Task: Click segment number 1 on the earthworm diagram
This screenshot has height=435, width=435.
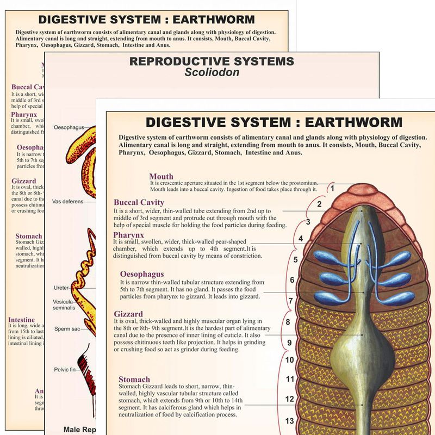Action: [x=330, y=189]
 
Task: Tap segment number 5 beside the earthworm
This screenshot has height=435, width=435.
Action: [x=296, y=259]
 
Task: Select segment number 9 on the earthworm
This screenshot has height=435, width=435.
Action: [x=290, y=343]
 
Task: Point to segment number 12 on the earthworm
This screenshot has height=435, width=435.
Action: [x=290, y=399]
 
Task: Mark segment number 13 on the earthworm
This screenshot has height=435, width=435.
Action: [x=290, y=420]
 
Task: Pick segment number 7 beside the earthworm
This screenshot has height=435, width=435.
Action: [x=291, y=301]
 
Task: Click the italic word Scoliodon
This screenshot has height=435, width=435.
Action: [x=212, y=72]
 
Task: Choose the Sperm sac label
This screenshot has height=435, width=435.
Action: [x=67, y=328]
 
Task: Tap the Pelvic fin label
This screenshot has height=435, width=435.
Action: [x=67, y=370]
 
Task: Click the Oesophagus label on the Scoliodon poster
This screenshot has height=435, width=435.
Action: [x=69, y=127]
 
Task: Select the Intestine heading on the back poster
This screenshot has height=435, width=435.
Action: [x=21, y=320]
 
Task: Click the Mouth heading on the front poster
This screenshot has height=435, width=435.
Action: [x=161, y=176]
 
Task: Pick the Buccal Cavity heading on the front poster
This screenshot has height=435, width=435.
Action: [x=139, y=203]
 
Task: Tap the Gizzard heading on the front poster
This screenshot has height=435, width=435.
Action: [x=128, y=314]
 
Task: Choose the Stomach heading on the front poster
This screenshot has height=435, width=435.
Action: [x=134, y=380]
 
